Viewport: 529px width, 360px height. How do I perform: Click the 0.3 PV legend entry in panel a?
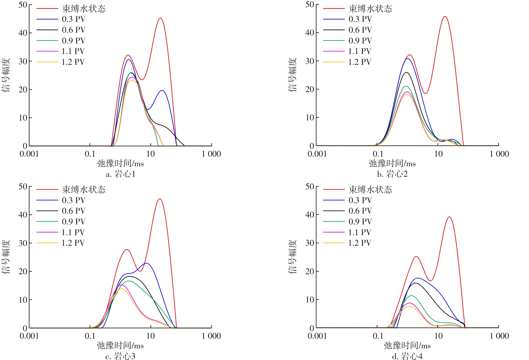click(x=74, y=19)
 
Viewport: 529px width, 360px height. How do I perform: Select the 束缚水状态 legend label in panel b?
click(x=370, y=9)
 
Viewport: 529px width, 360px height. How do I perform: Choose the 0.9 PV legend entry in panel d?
click(x=360, y=222)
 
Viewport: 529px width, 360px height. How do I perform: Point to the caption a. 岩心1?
click(x=121, y=174)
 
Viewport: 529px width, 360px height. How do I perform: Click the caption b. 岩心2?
click(x=392, y=174)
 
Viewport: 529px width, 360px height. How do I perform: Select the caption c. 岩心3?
click(x=120, y=356)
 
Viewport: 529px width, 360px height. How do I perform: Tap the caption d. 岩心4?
click(x=407, y=356)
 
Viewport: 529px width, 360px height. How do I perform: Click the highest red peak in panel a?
click(x=160, y=18)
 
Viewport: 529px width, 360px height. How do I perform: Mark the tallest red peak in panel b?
click(x=445, y=16)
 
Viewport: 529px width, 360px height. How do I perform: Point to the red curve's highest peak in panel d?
click(x=449, y=217)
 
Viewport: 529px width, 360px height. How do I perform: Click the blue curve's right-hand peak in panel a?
click(x=162, y=90)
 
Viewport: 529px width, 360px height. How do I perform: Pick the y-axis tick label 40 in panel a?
click(x=23, y=33)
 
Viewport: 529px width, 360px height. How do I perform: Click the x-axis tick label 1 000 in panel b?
click(x=499, y=154)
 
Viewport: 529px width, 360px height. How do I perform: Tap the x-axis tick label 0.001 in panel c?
click(x=29, y=336)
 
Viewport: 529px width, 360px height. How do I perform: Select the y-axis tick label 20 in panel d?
click(x=310, y=271)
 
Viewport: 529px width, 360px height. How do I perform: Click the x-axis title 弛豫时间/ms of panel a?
click(x=120, y=163)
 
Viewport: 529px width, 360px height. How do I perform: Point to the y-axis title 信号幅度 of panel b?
click(x=292, y=75)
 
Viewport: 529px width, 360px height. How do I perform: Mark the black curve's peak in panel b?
click(x=406, y=72)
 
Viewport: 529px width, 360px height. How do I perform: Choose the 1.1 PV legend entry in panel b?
click(x=360, y=51)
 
